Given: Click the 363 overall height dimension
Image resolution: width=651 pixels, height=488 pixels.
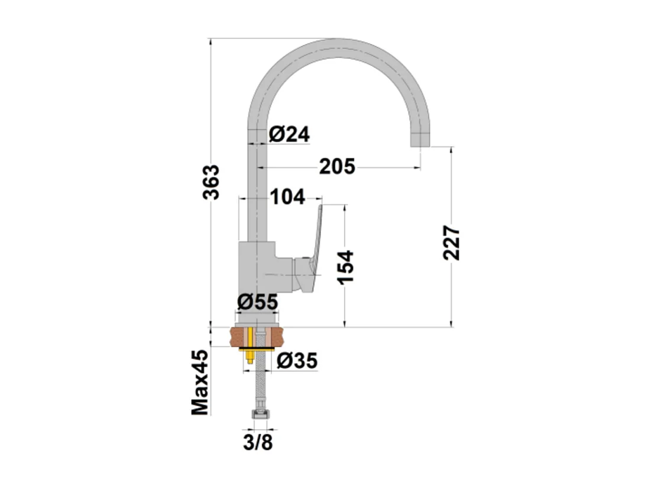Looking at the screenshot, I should tap(212, 182).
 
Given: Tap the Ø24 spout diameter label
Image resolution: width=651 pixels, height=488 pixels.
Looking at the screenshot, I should tap(289, 134).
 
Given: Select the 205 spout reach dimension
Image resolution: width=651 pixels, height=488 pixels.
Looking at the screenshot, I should tap(337, 167).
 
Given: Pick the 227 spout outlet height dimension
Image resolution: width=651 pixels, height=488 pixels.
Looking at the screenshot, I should tap(451, 243).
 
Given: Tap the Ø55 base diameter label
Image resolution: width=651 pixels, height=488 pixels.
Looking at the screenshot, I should tap(257, 302).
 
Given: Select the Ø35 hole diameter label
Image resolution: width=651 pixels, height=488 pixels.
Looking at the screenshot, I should tap(297, 360).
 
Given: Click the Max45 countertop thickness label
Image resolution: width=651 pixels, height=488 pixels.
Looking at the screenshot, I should tap(200, 383).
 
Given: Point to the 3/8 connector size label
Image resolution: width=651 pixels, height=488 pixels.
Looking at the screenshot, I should tap(258, 442).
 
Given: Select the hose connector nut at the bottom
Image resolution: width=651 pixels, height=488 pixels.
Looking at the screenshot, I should tap(258, 416).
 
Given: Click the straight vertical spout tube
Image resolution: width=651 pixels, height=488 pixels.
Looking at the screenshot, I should tap(257, 177).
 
